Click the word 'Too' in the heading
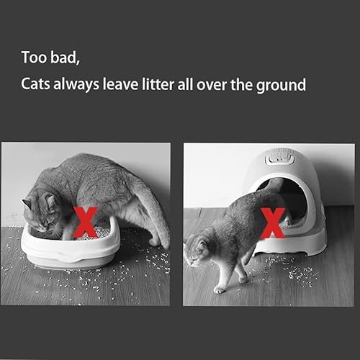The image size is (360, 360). [x=33, y=57]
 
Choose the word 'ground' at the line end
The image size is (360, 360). [x=282, y=86]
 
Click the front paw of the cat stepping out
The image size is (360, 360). [x=219, y=289]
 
